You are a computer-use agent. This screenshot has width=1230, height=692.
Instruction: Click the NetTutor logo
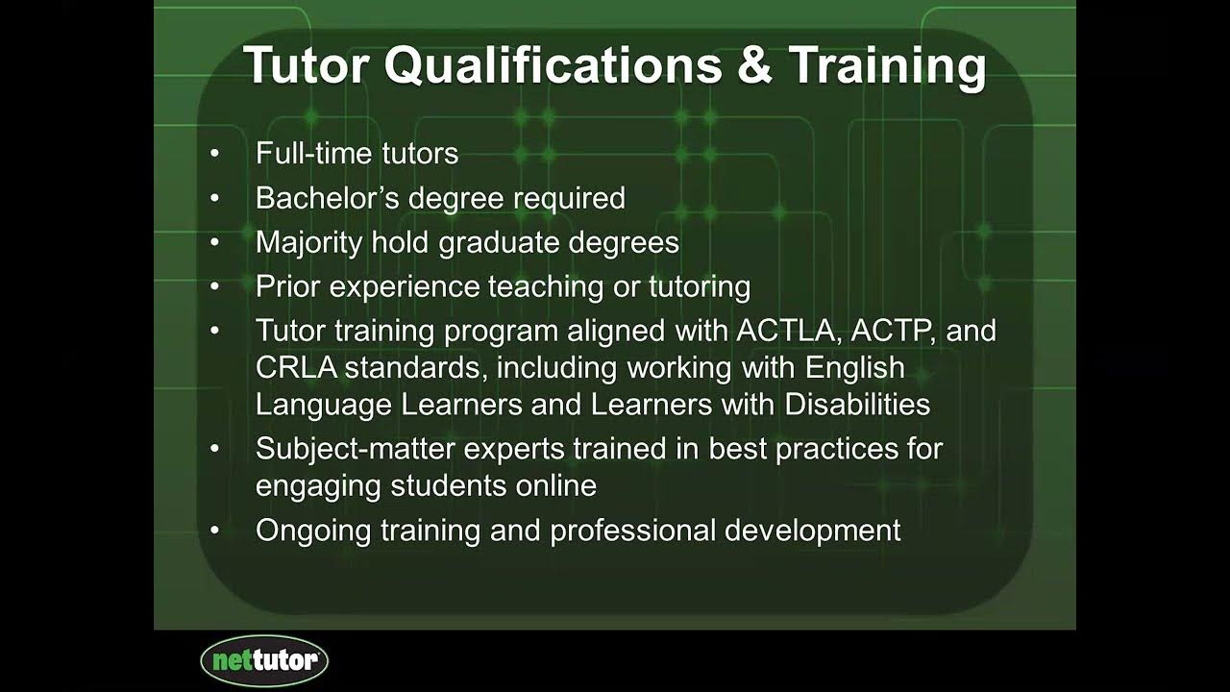pyautogui.click(x=264, y=660)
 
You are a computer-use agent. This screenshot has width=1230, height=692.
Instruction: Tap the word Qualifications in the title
pyautogui.click(x=553, y=65)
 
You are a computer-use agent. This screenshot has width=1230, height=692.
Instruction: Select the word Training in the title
pyautogui.click(x=887, y=65)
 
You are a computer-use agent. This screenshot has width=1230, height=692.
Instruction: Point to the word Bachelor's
pyautogui.click(x=328, y=198)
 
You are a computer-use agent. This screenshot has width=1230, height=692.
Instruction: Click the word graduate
pyautogui.click(x=500, y=242)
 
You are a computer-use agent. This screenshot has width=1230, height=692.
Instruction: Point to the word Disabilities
pyautogui.click(x=857, y=404)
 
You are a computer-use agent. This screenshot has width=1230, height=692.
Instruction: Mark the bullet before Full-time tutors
pyautogui.click(x=214, y=154)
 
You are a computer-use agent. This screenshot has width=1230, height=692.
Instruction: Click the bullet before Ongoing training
pyautogui.click(x=214, y=531)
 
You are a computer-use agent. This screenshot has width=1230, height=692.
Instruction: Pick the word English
pyautogui.click(x=855, y=367)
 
